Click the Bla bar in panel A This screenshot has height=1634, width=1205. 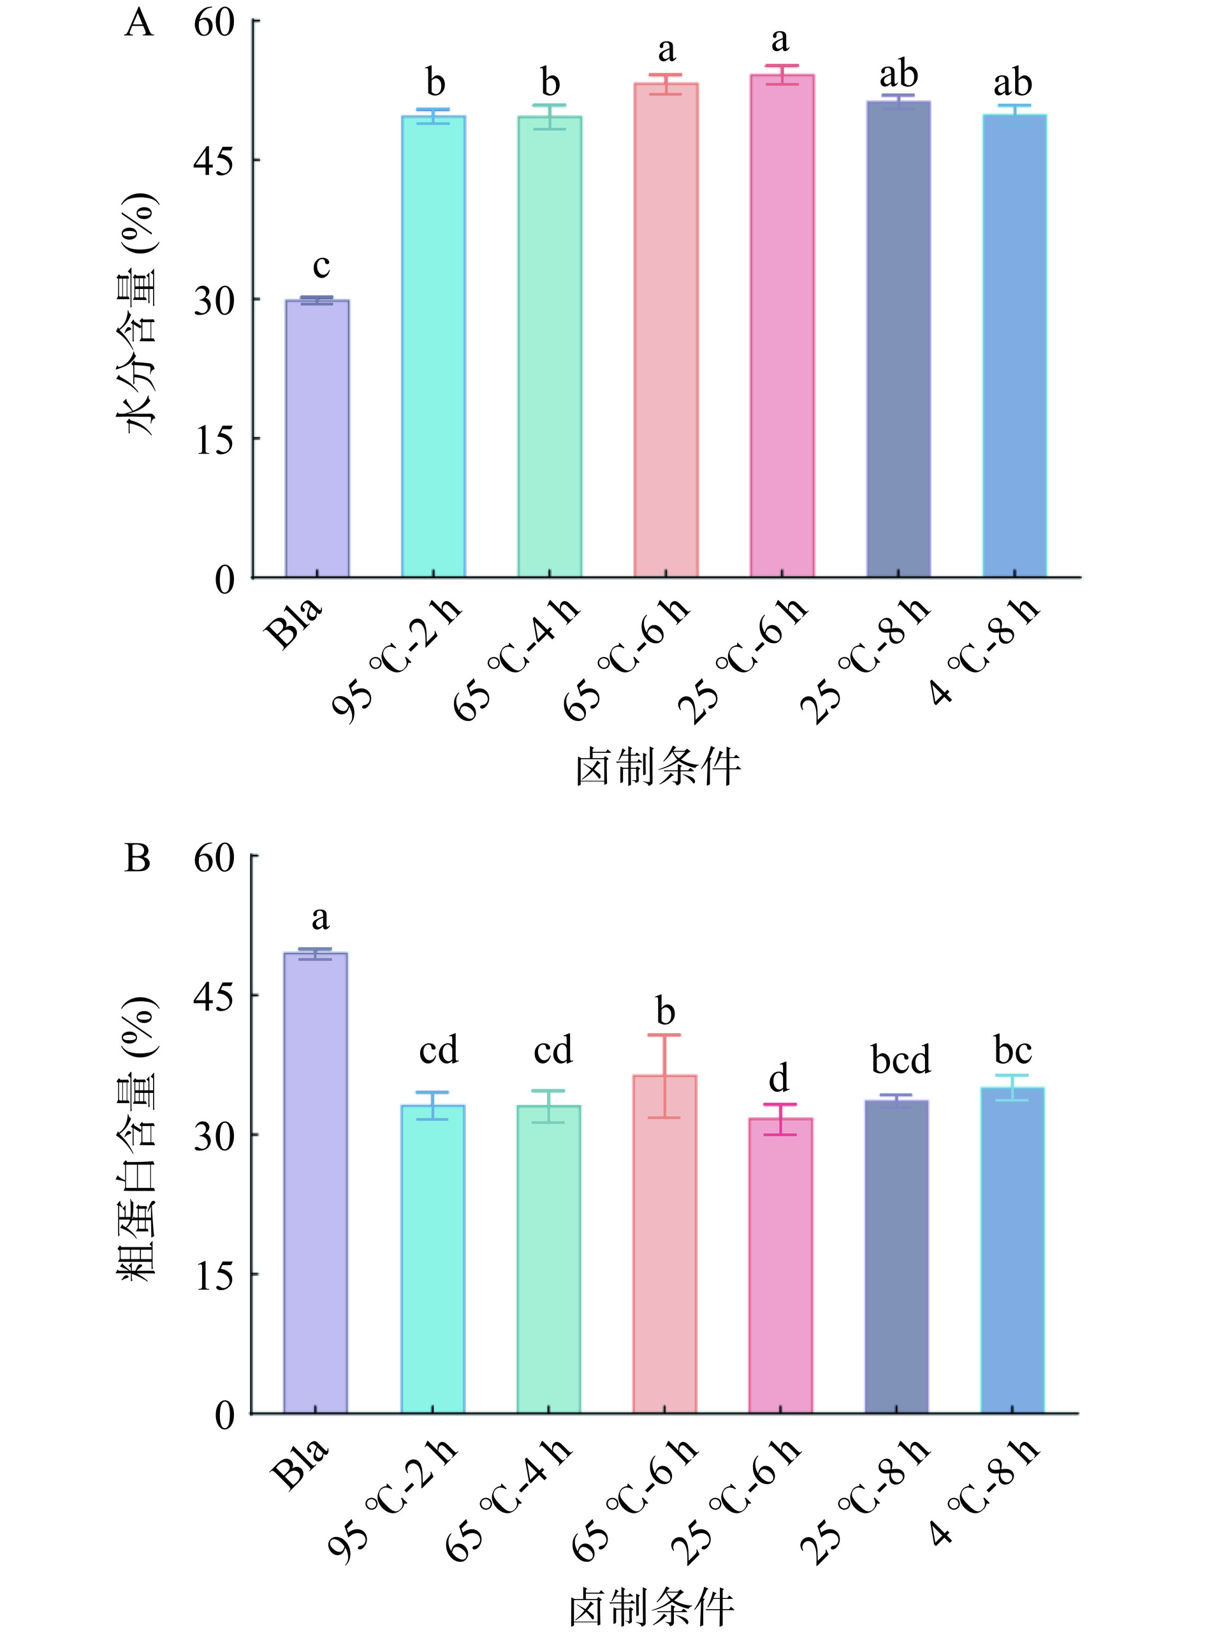[317, 438]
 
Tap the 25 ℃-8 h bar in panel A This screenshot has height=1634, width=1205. [898, 339]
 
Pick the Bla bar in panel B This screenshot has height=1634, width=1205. [315, 1183]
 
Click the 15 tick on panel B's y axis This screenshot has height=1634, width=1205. [252, 1274]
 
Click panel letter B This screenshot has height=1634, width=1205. [137, 858]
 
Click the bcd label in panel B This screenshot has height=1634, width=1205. [901, 1060]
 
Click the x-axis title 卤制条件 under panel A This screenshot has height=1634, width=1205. [658, 768]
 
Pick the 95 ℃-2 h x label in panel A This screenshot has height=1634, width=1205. [398, 660]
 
